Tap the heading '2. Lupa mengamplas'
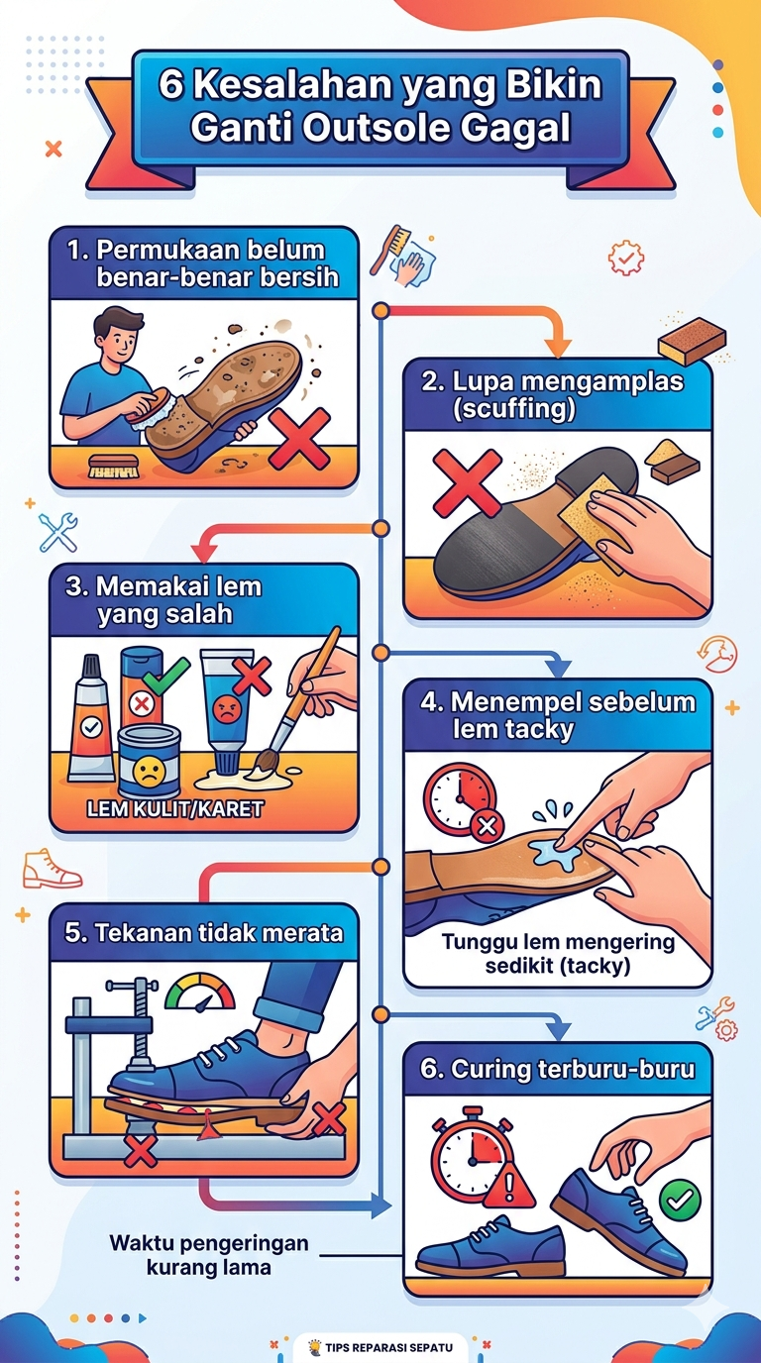pyautogui.click(x=553, y=381)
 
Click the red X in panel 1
pyautogui.click(x=299, y=438)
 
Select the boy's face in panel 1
pyautogui.click(x=121, y=341)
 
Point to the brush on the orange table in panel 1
pyautogui.click(x=113, y=467)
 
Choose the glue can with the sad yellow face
pyautogui.click(x=150, y=763)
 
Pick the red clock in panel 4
pyautogui.click(x=460, y=797)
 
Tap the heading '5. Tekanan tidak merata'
pyautogui.click(x=204, y=933)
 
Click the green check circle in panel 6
pyautogui.click(x=680, y=1200)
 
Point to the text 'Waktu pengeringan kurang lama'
pyautogui.click(x=209, y=1254)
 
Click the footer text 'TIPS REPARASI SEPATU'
pyautogui.click(x=388, y=1347)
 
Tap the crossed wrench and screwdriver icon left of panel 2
pyautogui.click(x=57, y=533)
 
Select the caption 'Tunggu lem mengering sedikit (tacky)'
pyautogui.click(x=558, y=954)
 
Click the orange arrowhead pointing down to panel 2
pyautogui.click(x=558, y=348)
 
